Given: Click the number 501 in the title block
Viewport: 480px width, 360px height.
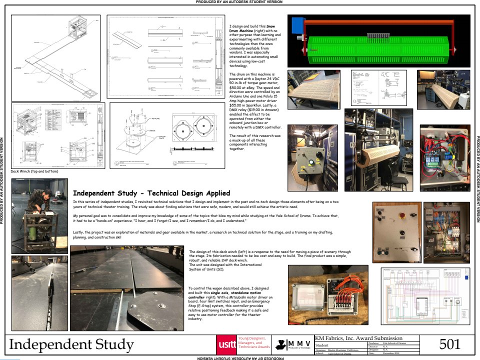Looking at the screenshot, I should pos(449,344).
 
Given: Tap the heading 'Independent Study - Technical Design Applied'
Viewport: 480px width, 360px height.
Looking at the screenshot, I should pos(151,193).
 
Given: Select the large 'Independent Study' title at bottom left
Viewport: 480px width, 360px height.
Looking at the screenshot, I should pos(71,344).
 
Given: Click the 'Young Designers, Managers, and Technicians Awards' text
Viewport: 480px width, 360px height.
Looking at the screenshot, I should pos(254,342).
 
